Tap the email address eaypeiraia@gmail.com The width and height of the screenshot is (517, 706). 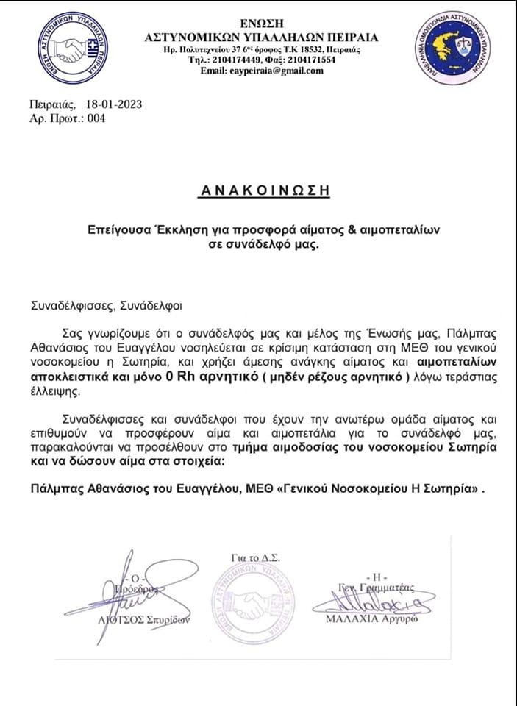click(273, 71)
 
